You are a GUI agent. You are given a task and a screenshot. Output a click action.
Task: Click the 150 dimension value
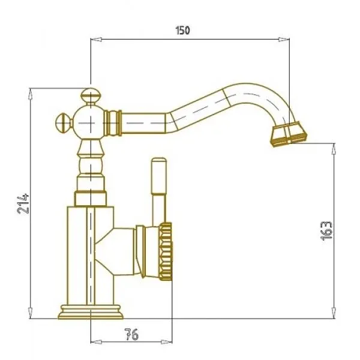pos(183,31)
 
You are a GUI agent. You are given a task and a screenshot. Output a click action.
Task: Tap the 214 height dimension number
pos(23,204)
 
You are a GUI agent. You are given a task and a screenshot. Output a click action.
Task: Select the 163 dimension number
pos(326,231)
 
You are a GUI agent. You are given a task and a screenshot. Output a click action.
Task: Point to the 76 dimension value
pos(131,334)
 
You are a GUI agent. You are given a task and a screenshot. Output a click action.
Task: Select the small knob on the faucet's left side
pos(64,123)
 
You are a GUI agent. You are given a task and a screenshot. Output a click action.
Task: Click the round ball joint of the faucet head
pos(91,123)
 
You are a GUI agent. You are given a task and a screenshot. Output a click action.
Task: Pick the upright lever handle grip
pos(158,176)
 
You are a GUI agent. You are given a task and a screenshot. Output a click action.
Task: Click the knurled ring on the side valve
pos(166,251)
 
